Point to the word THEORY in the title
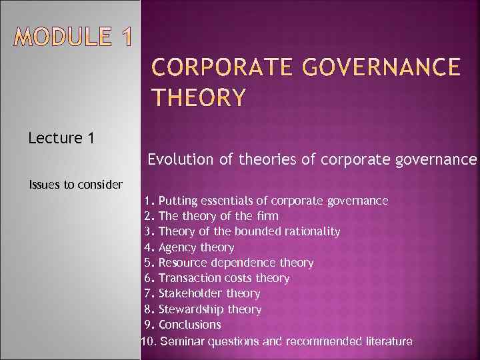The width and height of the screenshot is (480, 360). [x=199, y=98]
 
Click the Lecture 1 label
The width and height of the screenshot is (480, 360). [x=61, y=139]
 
